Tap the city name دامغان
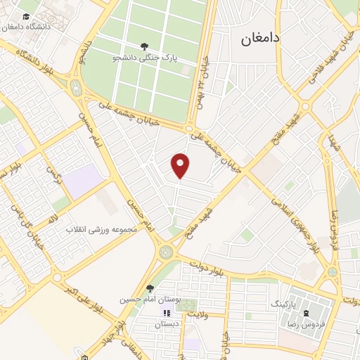click(x=260, y=39)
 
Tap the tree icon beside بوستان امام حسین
click(x=149, y=288)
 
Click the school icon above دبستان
click(x=167, y=313)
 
